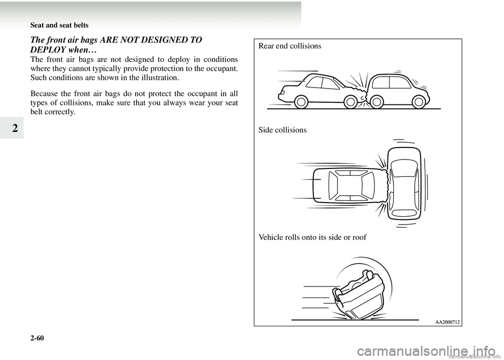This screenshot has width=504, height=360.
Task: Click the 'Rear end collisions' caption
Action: (x=290, y=46)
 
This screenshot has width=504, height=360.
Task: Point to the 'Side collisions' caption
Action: (x=282, y=130)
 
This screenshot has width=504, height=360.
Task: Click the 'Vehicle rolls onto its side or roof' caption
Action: (x=312, y=238)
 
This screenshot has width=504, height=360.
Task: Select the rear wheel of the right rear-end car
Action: (x=419, y=102)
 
